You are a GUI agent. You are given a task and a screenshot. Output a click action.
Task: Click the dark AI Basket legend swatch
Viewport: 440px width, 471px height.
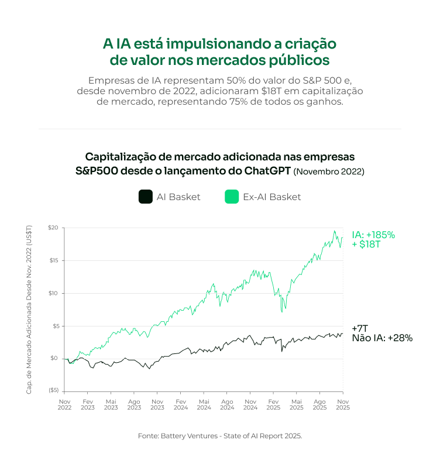point(146,197)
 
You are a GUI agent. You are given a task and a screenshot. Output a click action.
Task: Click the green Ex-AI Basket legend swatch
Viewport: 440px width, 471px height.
point(232,197)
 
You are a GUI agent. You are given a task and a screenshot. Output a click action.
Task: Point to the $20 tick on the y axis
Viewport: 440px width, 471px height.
point(53,228)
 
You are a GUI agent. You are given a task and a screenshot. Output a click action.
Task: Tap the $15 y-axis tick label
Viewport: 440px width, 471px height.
point(53,260)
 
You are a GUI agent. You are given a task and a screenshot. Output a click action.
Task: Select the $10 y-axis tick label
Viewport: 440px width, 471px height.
point(53,293)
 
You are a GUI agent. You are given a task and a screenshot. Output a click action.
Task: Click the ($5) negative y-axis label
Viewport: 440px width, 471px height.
point(53,390)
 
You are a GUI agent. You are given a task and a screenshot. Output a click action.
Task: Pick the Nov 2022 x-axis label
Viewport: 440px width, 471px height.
point(64,405)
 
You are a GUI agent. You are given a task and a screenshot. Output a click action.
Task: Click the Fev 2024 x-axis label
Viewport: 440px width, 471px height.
point(180,405)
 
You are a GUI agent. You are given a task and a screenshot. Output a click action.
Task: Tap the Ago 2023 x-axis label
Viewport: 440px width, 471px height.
point(134,405)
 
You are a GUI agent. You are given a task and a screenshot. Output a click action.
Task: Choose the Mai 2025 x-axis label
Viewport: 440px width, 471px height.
point(296,405)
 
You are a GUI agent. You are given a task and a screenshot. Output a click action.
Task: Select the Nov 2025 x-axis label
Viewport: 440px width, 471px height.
point(342,405)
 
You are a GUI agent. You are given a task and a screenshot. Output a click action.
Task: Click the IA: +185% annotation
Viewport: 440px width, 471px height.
point(373,235)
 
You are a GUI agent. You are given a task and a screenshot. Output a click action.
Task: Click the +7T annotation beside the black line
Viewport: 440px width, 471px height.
point(360,328)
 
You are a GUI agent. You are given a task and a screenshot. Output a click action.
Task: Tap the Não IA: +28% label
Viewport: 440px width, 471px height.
point(382,338)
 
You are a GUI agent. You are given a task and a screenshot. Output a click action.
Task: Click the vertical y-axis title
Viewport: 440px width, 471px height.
point(29,309)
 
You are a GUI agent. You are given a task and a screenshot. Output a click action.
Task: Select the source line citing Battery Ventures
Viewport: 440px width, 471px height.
point(220,436)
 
